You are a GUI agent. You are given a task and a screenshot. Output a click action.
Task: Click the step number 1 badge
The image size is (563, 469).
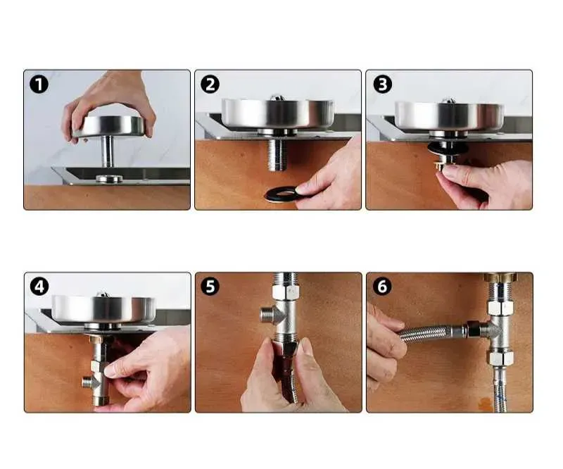[x=39, y=85]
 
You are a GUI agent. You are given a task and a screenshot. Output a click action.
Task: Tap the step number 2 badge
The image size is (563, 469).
[x=210, y=85]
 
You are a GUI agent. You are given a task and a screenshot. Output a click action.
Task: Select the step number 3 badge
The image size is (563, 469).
[x=383, y=85]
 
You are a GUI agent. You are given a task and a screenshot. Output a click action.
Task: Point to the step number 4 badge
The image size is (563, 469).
[x=39, y=287]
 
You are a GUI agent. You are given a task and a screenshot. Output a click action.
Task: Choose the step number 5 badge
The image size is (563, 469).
[x=210, y=287]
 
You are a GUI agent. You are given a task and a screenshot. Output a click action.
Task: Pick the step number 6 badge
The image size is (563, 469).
[x=382, y=287]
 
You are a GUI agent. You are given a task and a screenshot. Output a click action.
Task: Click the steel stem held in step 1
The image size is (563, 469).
[x=107, y=151]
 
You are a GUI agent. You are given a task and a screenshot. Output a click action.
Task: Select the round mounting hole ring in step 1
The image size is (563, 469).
[x=109, y=178]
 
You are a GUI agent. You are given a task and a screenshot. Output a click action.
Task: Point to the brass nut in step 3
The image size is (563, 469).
[x=443, y=165]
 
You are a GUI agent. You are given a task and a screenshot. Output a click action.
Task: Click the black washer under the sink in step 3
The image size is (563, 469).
[x=448, y=148]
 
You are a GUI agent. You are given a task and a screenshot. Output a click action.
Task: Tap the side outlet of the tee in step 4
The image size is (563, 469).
[x=87, y=382]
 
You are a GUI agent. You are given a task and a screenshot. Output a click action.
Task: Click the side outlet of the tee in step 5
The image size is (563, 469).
[x=267, y=315]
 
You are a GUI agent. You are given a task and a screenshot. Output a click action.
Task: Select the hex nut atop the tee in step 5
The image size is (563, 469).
[x=284, y=292]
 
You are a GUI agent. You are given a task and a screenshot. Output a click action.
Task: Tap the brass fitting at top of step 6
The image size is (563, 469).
[x=500, y=277]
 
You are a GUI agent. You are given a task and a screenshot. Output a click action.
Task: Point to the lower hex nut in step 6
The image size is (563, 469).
[x=500, y=358]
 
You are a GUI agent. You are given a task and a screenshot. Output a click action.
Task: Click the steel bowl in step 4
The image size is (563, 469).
[x=103, y=308]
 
